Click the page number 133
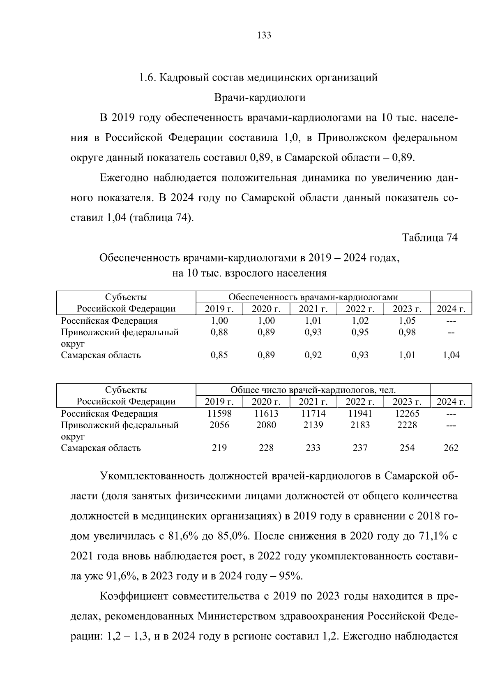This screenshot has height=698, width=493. click(264, 35)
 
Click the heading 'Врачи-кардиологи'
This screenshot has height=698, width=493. click(260, 97)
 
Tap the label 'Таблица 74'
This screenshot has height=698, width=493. click(430, 238)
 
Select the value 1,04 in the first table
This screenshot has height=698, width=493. click(451, 355)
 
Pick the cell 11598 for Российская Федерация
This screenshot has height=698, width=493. click(219, 414)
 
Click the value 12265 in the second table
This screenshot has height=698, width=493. click(407, 414)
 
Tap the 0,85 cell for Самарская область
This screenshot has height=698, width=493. click(219, 355)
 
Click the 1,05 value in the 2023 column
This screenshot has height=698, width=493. click(407, 321)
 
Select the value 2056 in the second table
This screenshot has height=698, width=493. click(219, 425)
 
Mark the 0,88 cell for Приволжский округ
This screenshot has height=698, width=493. click(219, 332)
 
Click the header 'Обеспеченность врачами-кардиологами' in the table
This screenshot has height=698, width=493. click(313, 297)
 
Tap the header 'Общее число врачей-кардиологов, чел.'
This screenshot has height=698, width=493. click(313, 390)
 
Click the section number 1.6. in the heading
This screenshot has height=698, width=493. click(147, 77)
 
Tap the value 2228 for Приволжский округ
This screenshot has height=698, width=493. click(407, 425)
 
